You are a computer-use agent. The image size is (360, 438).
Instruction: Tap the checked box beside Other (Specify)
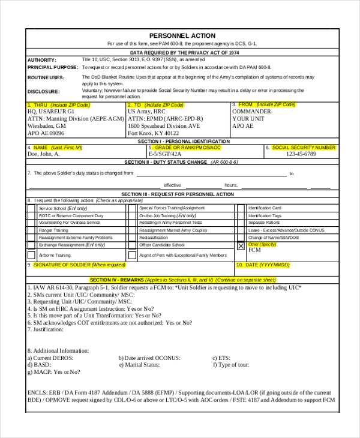(x=241, y=246)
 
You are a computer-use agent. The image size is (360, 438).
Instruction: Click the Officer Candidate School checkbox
(x=132, y=245)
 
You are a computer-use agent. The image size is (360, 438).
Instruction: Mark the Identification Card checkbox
(x=241, y=208)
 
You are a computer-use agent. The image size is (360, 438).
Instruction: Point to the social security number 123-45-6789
(x=301, y=154)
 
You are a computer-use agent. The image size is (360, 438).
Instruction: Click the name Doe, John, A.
(x=44, y=154)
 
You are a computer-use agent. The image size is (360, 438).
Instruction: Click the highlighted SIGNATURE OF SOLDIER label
(x=79, y=265)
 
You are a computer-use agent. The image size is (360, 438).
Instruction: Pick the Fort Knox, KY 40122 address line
(x=154, y=134)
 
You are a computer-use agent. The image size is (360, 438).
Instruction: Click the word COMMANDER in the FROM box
(x=251, y=112)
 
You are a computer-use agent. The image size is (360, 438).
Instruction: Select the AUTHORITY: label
(x=42, y=60)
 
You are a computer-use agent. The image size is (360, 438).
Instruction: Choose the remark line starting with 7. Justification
(x=46, y=330)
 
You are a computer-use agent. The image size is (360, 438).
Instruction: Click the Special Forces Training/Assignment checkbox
(x=132, y=208)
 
